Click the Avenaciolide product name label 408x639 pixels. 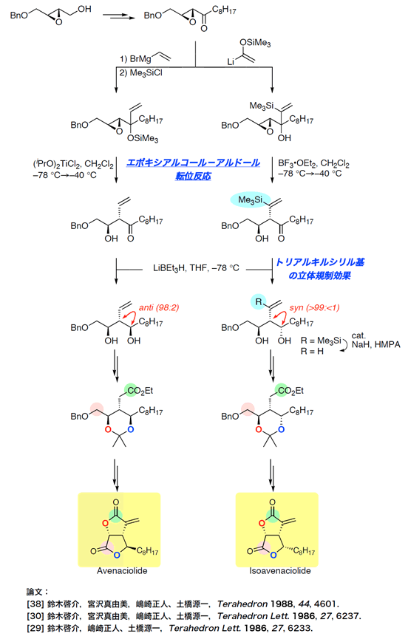coord(122,571)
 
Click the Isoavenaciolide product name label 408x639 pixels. coord(280,571)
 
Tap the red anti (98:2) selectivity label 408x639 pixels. coord(159,308)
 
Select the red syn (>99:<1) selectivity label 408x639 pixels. coord(314,308)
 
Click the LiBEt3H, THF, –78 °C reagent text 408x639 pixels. coord(196,268)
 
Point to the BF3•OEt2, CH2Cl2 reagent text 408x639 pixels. coord(313,163)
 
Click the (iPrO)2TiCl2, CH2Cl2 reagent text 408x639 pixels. coord(73,164)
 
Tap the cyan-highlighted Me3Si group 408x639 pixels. coord(251,200)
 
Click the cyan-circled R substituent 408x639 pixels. coord(259,302)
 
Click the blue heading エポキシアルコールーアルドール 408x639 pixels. coord(193,163)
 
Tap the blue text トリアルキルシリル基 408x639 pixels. coord(320,262)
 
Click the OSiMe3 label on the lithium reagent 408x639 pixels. coord(255,43)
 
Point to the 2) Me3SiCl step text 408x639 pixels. coord(141,73)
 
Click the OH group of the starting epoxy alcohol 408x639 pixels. coord(84,10)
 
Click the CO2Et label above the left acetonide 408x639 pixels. coord(140,391)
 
